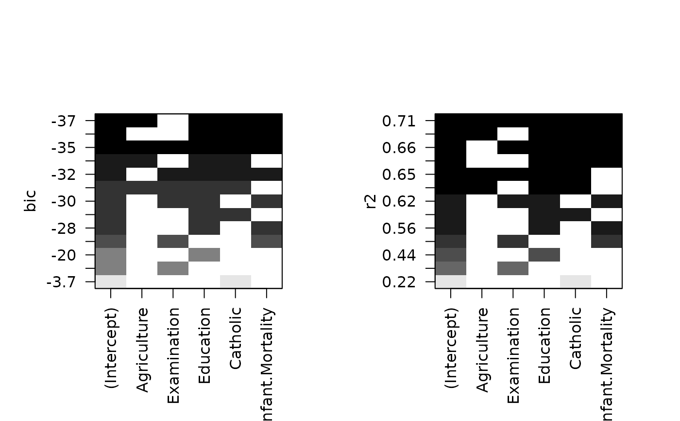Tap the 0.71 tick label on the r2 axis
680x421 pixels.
pos(399,121)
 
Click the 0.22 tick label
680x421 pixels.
pos(399,282)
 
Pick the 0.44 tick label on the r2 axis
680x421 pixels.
pos(399,255)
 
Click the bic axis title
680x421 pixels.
pos(31,201)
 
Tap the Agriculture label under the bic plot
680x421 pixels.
pos(142,349)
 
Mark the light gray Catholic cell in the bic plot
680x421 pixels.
pos(236,281)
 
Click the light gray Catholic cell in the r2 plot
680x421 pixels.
pos(576,281)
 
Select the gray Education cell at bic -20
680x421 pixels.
pos(204,255)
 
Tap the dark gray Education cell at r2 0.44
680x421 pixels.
pos(544,255)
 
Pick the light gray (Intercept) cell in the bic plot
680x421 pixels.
pos(111,281)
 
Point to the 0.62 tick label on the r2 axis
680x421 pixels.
pos(399,201)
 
